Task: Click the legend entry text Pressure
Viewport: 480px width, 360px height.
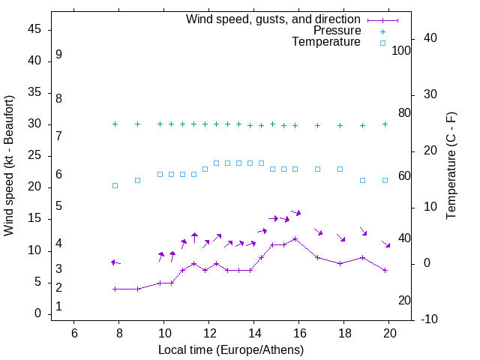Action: point(337,31)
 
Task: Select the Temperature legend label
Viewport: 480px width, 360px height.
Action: point(326,42)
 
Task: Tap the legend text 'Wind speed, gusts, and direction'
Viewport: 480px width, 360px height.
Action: point(274,19)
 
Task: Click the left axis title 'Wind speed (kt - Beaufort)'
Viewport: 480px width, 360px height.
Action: point(10,166)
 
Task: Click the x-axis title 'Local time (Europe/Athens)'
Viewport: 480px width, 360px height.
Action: point(231,349)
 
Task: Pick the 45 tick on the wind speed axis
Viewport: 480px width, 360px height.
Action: point(34,30)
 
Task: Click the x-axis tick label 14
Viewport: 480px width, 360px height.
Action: point(254,333)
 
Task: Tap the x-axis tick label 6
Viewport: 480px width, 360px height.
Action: point(74,333)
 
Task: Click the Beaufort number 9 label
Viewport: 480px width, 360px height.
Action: point(58,55)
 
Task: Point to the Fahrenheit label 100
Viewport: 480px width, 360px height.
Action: point(401,51)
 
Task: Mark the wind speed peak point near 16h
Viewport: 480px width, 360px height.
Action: point(295,238)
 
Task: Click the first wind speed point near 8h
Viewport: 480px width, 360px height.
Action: point(115,289)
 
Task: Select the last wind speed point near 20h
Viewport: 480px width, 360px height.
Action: point(385,270)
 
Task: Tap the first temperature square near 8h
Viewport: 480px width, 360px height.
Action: point(115,185)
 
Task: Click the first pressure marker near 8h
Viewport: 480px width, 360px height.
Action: point(115,124)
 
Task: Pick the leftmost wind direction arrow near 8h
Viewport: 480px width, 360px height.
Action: point(115,262)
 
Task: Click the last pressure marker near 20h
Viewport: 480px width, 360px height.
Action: point(385,124)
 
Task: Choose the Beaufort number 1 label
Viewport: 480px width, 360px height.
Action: point(58,307)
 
